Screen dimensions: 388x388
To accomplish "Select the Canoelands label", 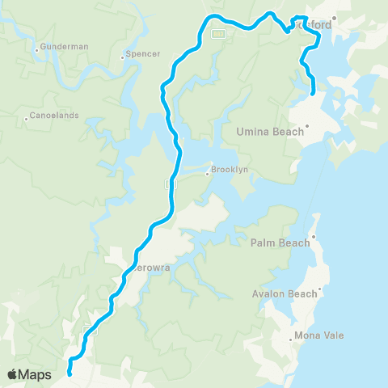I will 56,116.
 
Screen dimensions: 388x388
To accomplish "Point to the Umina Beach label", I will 266,130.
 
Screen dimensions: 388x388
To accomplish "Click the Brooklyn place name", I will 230,171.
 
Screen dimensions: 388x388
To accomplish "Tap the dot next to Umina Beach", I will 307,126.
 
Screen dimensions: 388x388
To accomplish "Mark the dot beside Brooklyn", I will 207,172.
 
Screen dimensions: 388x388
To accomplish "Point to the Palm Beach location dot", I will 314,237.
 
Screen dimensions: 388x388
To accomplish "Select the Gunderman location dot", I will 37,50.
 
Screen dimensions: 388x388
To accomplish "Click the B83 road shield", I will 217,34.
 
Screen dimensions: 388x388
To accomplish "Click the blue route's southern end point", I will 69,373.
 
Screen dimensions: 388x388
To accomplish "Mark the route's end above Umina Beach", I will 313,95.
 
